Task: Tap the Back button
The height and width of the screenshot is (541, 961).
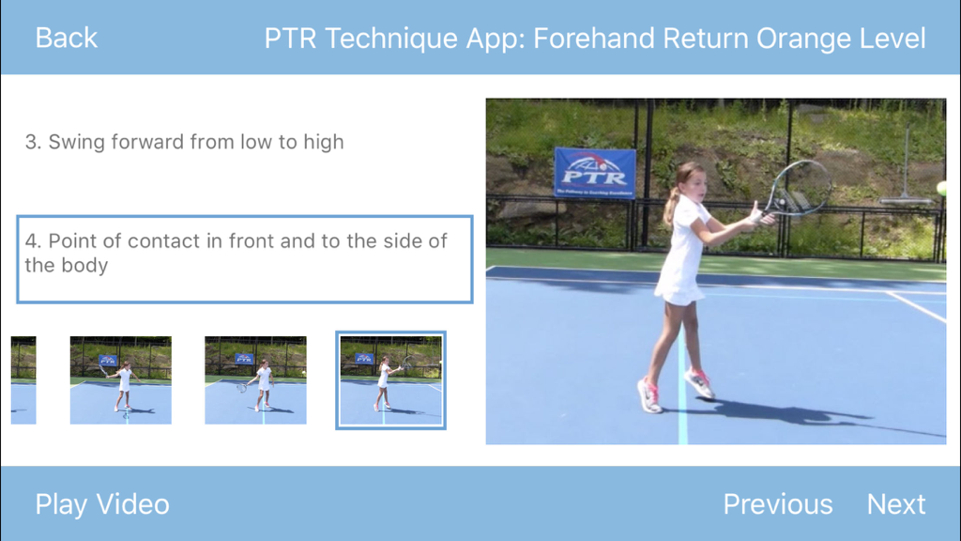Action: click(x=66, y=38)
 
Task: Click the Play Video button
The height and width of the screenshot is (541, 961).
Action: click(x=102, y=504)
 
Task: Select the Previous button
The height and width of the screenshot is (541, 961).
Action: click(x=777, y=504)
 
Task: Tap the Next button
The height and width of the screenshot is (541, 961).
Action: click(x=895, y=504)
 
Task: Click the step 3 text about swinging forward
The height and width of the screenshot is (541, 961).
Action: click(x=184, y=143)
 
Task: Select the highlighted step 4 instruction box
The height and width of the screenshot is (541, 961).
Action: click(x=244, y=259)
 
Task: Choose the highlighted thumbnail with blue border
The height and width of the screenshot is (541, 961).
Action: click(x=390, y=380)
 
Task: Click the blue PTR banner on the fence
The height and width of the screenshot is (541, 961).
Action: click(x=594, y=173)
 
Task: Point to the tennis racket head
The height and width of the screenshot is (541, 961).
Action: click(x=798, y=187)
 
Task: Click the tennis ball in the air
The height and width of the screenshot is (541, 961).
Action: click(x=940, y=189)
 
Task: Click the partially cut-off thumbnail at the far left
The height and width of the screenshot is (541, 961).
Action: click(x=23, y=380)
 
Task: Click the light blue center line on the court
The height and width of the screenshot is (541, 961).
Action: click(x=682, y=423)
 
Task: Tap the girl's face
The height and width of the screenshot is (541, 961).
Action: click(x=694, y=184)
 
